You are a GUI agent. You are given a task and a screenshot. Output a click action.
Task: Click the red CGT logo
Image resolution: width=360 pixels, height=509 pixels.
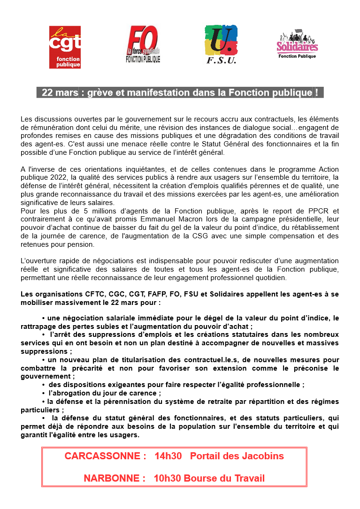(65, 47)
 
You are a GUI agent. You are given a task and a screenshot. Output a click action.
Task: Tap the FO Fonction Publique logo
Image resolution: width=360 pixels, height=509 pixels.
(143, 45)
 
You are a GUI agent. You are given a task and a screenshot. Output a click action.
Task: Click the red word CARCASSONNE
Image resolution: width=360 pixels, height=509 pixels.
(102, 456)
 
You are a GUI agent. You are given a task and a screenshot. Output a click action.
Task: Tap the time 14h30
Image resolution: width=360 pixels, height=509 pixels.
(168, 456)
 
